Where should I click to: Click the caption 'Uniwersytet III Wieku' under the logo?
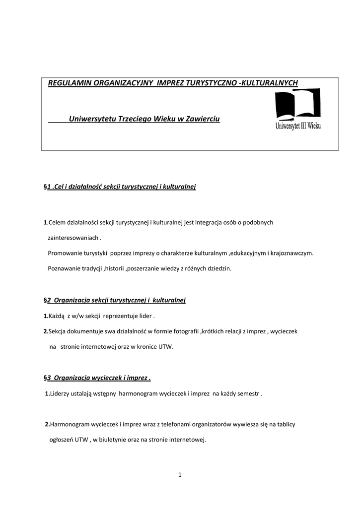pos(298,126)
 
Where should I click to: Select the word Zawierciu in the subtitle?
pos(202,119)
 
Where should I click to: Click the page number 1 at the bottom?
pos(180,475)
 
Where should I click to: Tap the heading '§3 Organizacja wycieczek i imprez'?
pos(97,378)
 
